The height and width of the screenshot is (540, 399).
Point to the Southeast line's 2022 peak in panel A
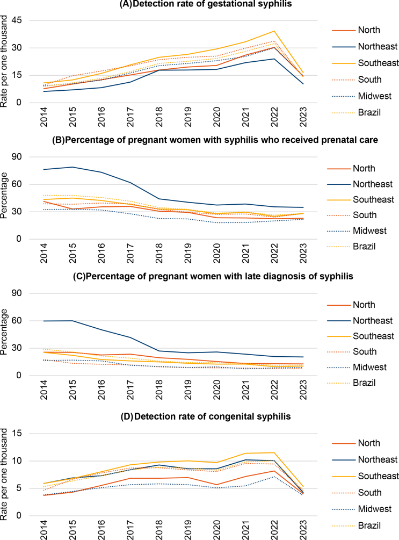[x=274, y=31]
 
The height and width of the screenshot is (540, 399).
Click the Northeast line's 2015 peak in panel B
[x=71, y=167]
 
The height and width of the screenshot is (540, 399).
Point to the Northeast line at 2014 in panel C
[x=44, y=321]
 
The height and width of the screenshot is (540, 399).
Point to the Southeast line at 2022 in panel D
[x=274, y=452]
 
